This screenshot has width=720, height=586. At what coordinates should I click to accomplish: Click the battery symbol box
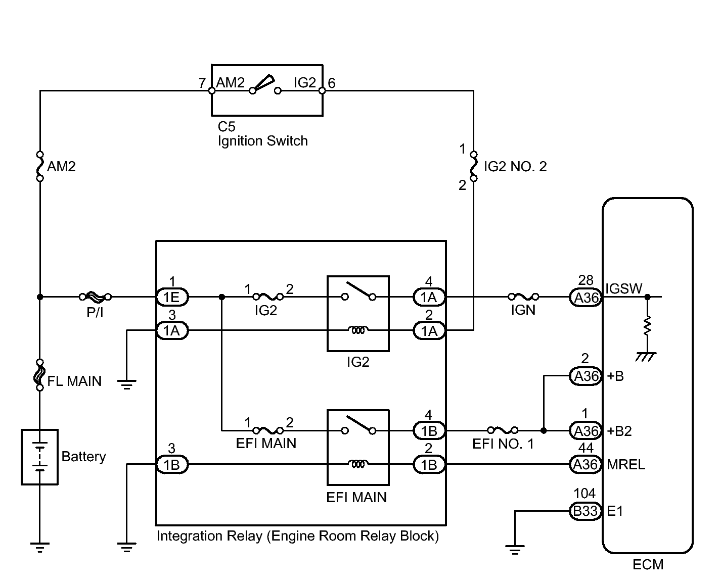[x=39, y=457]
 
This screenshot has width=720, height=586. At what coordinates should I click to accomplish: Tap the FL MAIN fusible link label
[x=74, y=381]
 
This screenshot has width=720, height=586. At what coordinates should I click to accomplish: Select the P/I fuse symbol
[x=95, y=297]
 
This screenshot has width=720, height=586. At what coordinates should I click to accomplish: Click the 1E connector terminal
[x=172, y=297]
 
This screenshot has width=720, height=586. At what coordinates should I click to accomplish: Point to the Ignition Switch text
[x=262, y=141]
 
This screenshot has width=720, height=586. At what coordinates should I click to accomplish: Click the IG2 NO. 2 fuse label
[x=515, y=166]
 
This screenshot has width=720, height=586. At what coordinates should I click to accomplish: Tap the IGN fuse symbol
[x=523, y=297]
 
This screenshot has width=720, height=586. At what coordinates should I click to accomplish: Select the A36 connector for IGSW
[x=586, y=298]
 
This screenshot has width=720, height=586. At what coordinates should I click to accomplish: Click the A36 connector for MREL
[x=586, y=464]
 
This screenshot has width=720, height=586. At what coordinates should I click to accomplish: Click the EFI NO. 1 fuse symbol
[x=503, y=430]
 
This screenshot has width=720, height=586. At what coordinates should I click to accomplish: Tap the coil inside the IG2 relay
[x=358, y=329]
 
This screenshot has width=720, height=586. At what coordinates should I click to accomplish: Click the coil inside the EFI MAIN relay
[x=358, y=463]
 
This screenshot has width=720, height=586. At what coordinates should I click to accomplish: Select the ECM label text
[x=648, y=564]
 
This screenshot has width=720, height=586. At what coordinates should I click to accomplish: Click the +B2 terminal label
[x=619, y=431]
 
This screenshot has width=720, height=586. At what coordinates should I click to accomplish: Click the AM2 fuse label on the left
[x=61, y=166]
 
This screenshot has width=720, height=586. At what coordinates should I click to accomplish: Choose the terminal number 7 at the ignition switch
[x=202, y=83]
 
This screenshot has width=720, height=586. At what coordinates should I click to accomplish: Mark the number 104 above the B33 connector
[x=584, y=494]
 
